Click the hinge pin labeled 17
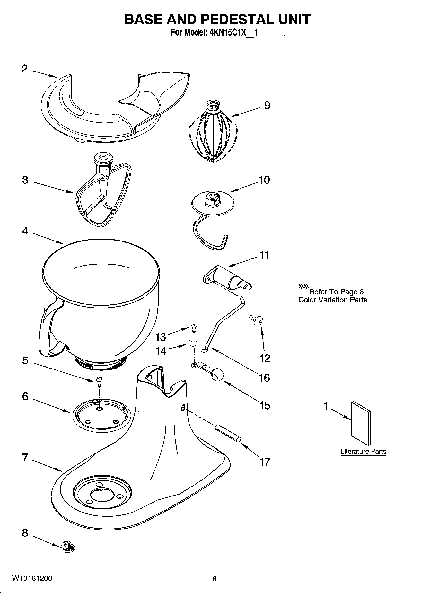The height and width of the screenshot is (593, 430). (x=227, y=433)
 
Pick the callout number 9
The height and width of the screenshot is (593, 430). (x=267, y=105)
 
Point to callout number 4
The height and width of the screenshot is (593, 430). (x=25, y=231)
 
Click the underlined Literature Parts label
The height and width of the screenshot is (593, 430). (x=363, y=451)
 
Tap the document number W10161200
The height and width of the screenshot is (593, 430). (x=32, y=579)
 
